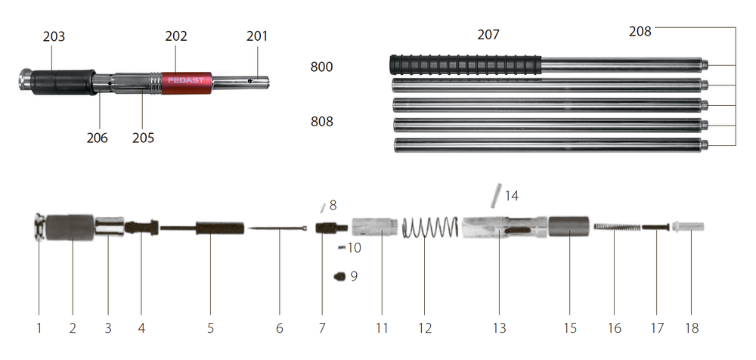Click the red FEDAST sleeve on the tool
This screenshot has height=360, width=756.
186,82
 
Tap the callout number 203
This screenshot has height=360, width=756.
54,36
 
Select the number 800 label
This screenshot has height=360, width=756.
321,67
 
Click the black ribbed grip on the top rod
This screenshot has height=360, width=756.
466,65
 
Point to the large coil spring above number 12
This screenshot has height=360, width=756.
430,228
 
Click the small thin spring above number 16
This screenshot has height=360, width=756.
617,226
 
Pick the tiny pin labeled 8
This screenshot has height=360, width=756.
323,207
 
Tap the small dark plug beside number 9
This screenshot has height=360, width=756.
339,277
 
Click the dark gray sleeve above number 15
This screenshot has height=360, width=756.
569,226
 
